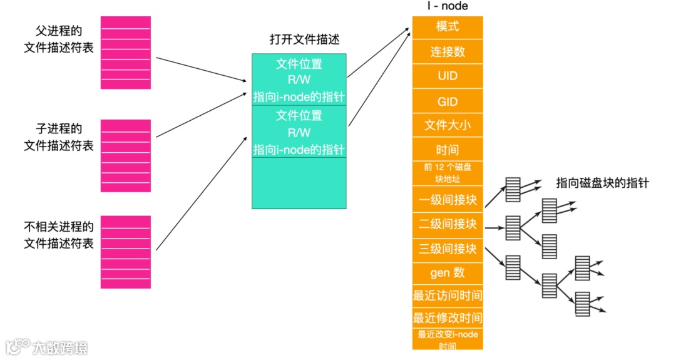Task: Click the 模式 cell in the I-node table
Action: pyautogui.click(x=448, y=27)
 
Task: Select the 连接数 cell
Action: pyautogui.click(x=448, y=51)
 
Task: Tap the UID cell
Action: pyautogui.click(x=448, y=76)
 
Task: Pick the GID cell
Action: pyautogui.click(x=448, y=101)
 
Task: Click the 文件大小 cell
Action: pyautogui.click(x=448, y=125)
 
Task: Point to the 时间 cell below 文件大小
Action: pyautogui.click(x=448, y=150)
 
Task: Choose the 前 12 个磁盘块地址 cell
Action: pyautogui.click(x=448, y=173)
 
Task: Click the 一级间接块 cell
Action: pyautogui.click(x=448, y=200)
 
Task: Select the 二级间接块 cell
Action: pyautogui.click(x=448, y=224)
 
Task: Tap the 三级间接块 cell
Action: pyautogui.click(x=448, y=249)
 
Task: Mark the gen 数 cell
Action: pyautogui.click(x=448, y=273)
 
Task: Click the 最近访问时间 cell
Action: pyautogui.click(x=448, y=296)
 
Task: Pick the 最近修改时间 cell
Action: pyautogui.click(x=448, y=317)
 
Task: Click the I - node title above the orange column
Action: pyautogui.click(x=447, y=6)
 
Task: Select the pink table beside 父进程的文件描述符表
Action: pyautogui.click(x=126, y=52)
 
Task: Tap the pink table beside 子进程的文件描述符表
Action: pyautogui.click(x=126, y=155)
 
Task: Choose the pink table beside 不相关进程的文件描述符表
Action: pyautogui.click(x=126, y=252)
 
